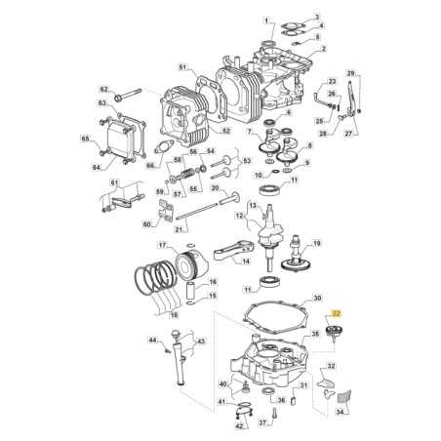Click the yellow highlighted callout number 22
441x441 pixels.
click(337, 313)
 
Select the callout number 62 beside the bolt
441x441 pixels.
click(104, 90)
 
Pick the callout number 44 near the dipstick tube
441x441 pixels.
click(152, 341)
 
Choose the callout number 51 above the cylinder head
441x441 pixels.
click(181, 66)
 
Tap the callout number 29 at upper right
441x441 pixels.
click(353, 73)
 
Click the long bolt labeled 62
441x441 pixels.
click(130, 96)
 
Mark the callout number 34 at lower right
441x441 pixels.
click(341, 412)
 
